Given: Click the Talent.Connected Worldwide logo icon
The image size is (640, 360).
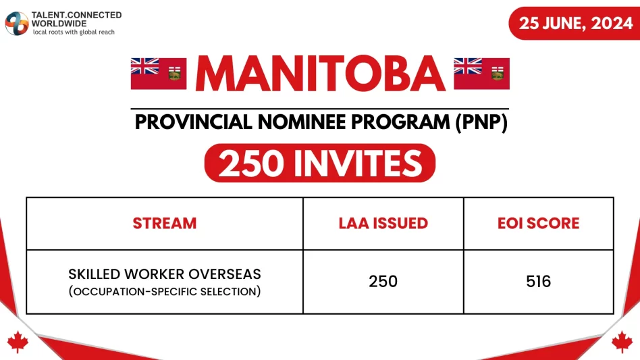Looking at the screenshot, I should tap(17, 23).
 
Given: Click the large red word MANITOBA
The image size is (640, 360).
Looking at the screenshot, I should tap(320, 73).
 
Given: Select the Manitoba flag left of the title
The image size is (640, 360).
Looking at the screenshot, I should tap(159, 73).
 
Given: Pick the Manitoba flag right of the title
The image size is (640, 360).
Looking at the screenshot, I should tap(481, 73).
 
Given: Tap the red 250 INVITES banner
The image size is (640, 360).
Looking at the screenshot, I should tap(320, 163).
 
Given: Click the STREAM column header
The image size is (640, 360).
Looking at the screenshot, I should tap(165, 224).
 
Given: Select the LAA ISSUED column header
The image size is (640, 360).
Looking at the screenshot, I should tap(383, 224).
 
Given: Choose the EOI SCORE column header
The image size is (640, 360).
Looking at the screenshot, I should tap(538, 224).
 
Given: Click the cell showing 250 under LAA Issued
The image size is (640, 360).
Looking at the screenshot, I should tap(383, 282).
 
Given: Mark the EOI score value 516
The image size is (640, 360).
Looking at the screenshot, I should tap(538, 282).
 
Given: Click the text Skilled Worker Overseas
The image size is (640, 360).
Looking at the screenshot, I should tap(165, 275).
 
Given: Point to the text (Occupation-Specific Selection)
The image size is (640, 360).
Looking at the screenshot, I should tap(165, 290).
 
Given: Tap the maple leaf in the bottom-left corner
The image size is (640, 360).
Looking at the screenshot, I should tap(16, 342).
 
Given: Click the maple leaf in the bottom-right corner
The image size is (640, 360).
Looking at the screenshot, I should tap(622, 342).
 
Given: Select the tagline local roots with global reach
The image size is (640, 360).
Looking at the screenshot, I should tap(74, 32).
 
